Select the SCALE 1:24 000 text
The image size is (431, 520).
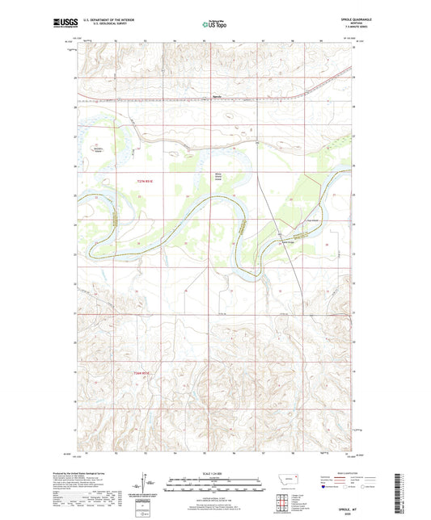(x=215, y=474)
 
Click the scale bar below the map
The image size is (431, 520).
(x=215, y=488)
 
